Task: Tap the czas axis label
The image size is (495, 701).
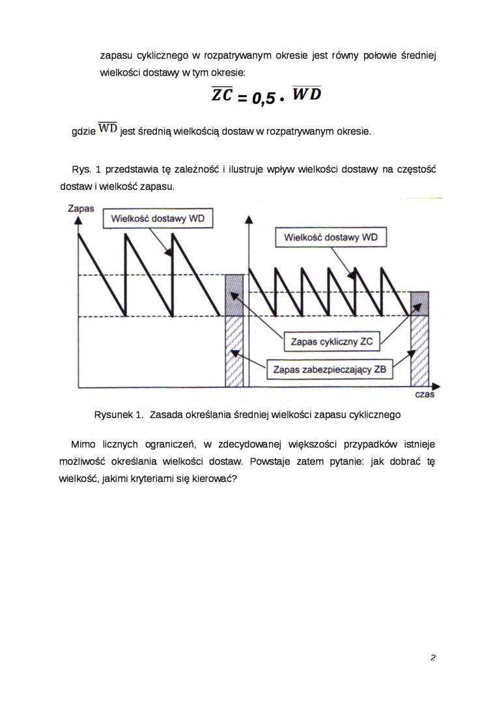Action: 424,395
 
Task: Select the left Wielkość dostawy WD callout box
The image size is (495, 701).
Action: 158,218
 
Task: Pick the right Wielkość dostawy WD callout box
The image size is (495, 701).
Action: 330,237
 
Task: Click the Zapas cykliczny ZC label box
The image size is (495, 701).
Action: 332,341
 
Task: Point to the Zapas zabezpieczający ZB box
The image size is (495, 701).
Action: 330,370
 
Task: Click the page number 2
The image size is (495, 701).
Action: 432,657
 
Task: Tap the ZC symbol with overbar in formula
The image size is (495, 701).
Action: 222,95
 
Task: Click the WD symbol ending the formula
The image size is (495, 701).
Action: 307,95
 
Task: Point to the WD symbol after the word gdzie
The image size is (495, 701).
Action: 107,128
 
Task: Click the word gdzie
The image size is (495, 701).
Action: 83,131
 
